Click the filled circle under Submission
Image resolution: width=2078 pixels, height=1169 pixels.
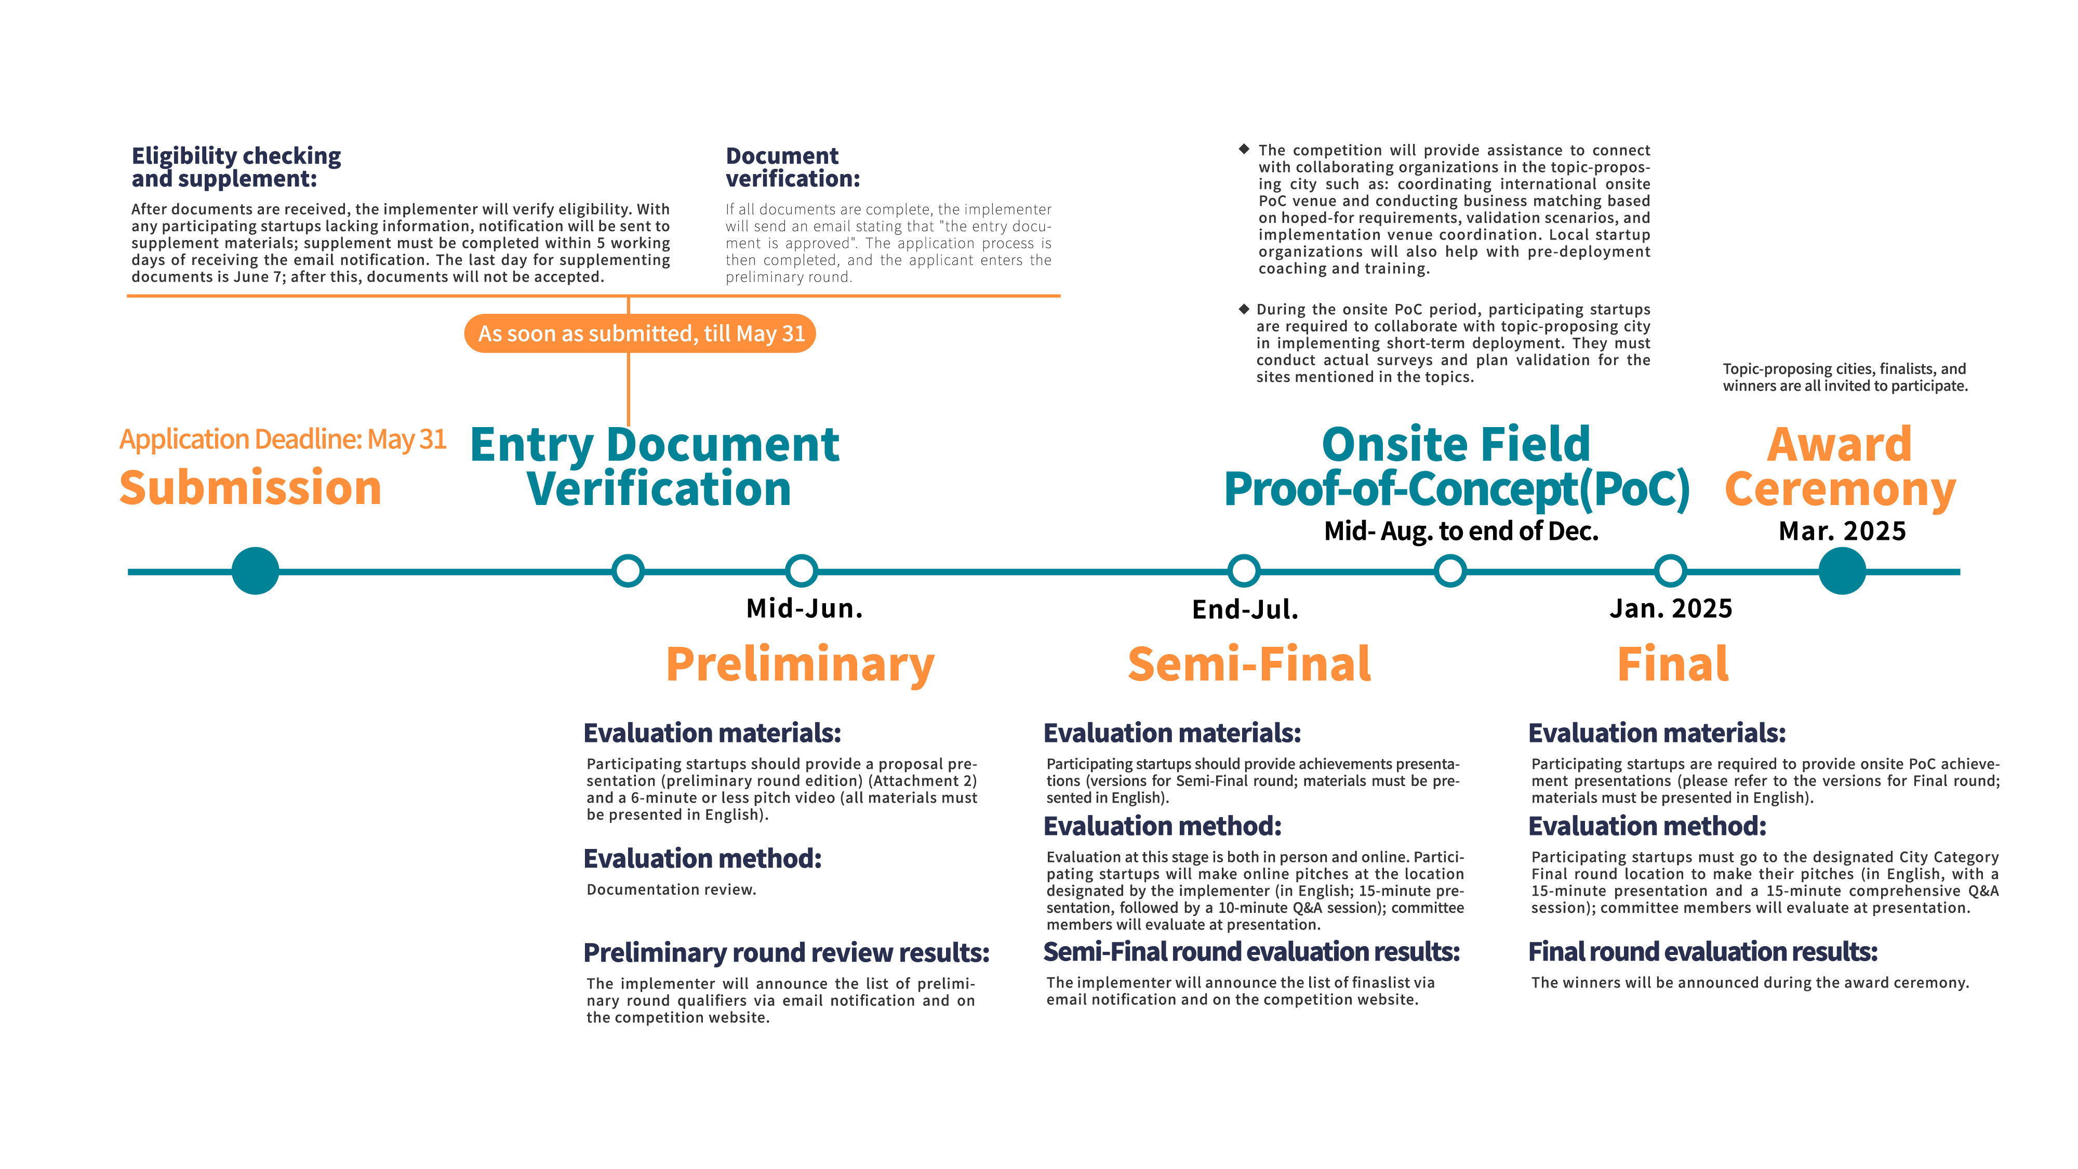[x=255, y=571]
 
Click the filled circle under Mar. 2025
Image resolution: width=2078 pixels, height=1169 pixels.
[x=1842, y=571]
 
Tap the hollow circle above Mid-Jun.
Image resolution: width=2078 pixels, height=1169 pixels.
[x=801, y=571]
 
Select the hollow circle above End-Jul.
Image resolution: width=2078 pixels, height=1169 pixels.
[x=1243, y=571]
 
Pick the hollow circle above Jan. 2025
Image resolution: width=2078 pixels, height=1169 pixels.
[x=1670, y=571]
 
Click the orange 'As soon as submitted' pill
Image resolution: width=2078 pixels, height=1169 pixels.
[x=640, y=333]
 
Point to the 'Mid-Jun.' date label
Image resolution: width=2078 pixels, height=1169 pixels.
[x=804, y=608]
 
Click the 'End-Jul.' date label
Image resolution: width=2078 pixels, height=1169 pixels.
[x=1245, y=609]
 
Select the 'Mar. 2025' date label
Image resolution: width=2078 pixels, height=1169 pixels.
[x=1842, y=531]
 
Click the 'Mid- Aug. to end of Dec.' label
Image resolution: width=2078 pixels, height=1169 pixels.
[x=1461, y=531]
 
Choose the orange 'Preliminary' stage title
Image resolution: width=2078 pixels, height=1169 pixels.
[x=800, y=665]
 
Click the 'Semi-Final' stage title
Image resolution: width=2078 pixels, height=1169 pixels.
[x=1249, y=665]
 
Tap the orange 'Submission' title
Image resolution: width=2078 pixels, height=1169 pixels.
[x=250, y=488]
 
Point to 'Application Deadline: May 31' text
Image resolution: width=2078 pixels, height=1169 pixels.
[x=282, y=439]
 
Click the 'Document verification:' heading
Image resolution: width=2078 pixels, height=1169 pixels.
[x=792, y=167]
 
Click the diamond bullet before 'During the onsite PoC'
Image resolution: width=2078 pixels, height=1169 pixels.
[x=1244, y=309]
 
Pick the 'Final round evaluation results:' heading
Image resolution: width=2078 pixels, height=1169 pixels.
[x=1702, y=952]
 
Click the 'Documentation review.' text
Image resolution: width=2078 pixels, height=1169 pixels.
[x=671, y=889]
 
